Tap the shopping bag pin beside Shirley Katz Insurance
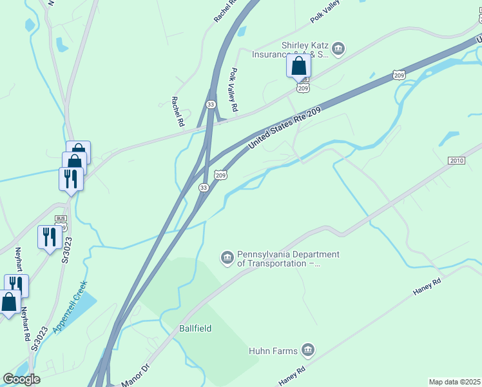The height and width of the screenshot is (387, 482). [298, 66]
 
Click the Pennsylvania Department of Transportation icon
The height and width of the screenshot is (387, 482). [227, 258]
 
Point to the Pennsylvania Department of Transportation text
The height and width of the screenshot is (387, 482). [288, 259]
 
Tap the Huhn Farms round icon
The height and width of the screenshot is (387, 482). [307, 350]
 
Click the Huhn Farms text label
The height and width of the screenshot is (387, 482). [273, 351]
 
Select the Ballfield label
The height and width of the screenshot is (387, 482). [195, 328]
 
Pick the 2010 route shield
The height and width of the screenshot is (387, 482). [456, 160]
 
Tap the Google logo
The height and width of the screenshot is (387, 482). [21, 379]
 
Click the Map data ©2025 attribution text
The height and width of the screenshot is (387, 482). [454, 382]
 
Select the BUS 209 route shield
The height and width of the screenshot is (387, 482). [61, 223]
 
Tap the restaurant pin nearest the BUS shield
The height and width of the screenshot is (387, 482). [50, 237]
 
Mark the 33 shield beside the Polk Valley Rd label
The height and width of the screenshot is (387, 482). [211, 104]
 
